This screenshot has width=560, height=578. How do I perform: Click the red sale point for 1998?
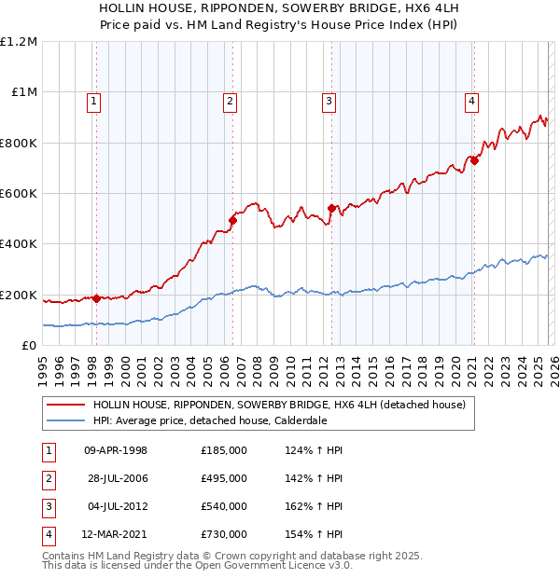pos(96,298)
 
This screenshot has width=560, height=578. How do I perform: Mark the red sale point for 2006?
pos(232,220)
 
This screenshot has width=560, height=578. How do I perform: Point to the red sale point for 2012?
pos(330,209)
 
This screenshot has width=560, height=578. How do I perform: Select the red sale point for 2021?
pos(474,160)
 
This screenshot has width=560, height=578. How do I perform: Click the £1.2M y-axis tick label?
pos(19,42)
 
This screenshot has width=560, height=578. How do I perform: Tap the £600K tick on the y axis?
pos(19,193)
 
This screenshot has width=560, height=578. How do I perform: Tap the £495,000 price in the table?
pos(223,478)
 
